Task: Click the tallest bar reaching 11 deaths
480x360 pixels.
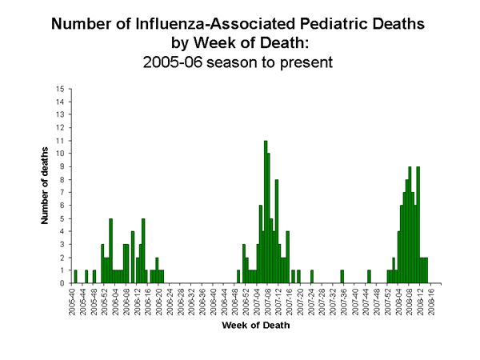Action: (265, 212)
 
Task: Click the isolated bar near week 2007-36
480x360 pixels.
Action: (342, 277)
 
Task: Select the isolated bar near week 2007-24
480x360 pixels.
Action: (312, 277)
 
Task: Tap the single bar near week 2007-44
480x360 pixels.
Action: (369, 277)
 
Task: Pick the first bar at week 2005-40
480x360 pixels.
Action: (75, 277)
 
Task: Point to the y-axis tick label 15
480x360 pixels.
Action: (61, 89)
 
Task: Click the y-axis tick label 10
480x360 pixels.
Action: (61, 154)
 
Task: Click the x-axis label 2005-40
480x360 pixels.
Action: (73, 302)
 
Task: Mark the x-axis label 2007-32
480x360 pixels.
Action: (330, 302)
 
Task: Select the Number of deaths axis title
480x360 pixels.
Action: (46, 186)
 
